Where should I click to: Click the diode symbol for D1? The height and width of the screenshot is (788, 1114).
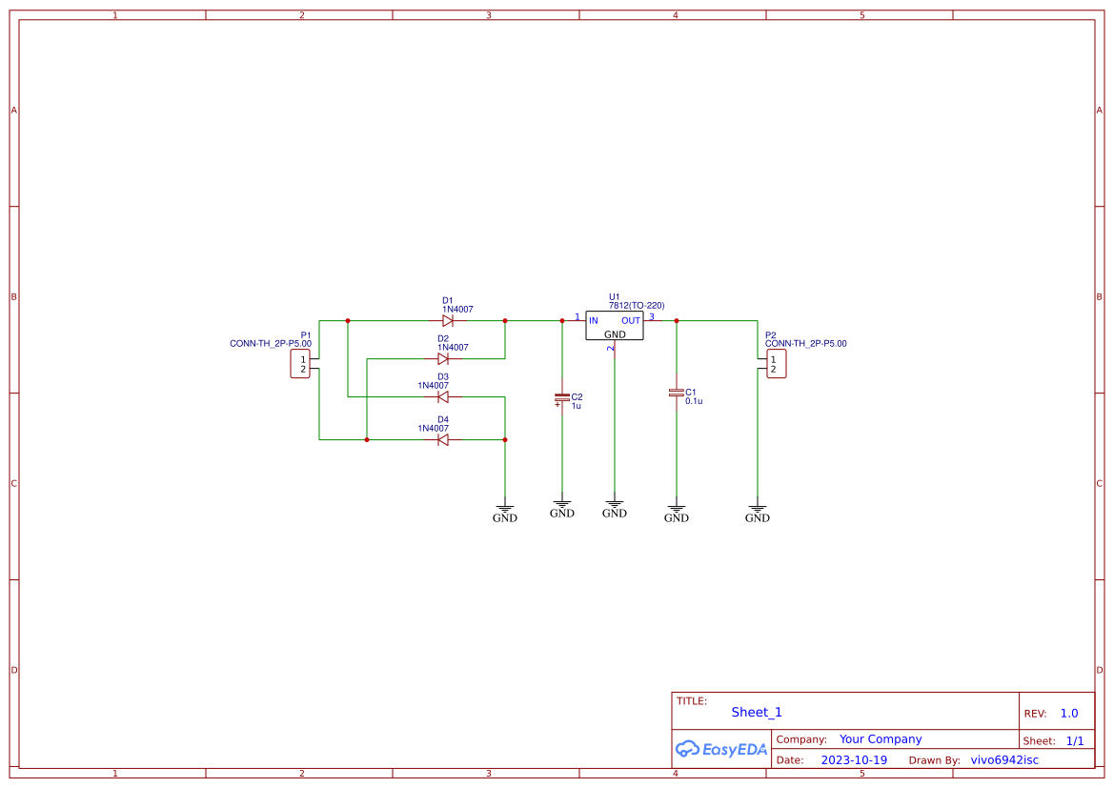[x=447, y=321]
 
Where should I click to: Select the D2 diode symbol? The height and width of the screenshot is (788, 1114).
[x=443, y=359]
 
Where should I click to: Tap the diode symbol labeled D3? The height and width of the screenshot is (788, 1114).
[x=443, y=397]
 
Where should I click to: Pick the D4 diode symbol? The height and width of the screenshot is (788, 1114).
[x=443, y=439]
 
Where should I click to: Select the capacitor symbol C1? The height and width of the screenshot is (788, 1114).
[x=677, y=393]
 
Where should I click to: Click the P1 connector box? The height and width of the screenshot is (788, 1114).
[x=300, y=364]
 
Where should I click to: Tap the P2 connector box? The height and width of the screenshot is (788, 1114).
[x=777, y=364]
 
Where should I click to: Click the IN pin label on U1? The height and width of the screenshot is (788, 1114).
[x=594, y=321]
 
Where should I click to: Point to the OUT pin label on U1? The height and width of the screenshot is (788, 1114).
[x=631, y=321]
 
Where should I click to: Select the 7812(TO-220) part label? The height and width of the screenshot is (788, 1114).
[x=637, y=306]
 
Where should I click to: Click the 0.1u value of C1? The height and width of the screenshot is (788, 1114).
[x=694, y=402]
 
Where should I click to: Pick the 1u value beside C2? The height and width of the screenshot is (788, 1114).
[x=576, y=406]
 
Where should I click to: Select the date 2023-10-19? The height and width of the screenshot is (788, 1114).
[x=854, y=760]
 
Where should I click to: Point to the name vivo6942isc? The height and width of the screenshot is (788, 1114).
[x=1004, y=760]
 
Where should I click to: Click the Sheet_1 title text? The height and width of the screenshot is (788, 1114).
[x=757, y=712]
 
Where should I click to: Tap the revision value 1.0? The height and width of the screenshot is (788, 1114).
[x=1069, y=714]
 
